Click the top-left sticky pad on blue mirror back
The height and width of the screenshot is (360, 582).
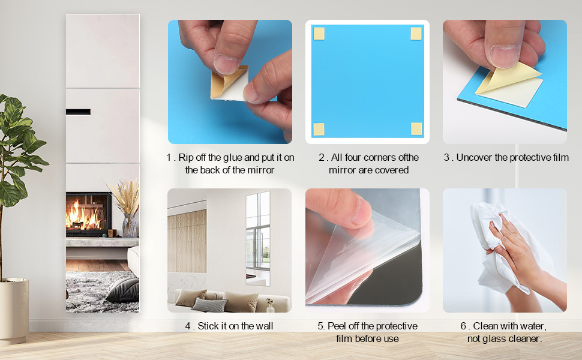[319, 34]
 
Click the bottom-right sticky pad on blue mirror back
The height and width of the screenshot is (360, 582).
[416, 128]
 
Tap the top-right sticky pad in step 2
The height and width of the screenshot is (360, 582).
[416, 34]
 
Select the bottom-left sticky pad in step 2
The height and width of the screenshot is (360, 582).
[319, 128]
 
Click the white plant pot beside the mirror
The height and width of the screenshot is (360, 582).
[13, 311]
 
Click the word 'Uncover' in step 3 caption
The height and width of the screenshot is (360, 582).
[473, 158]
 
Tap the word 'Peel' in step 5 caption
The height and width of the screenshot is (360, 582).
[335, 326]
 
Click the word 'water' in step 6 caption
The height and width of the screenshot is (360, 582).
[531, 326]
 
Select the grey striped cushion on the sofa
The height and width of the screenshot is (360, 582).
[209, 304]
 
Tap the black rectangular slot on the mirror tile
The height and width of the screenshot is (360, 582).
[79, 112]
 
